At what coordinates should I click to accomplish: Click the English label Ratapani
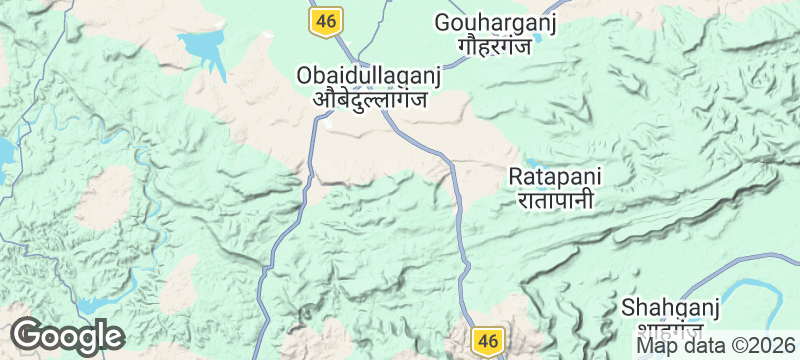(x=556, y=176)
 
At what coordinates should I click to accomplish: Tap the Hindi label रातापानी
(x=556, y=200)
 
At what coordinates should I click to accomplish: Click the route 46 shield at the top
(x=326, y=20)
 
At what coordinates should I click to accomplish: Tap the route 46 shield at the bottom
(x=487, y=340)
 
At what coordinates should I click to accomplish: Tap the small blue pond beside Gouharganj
(x=538, y=40)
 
